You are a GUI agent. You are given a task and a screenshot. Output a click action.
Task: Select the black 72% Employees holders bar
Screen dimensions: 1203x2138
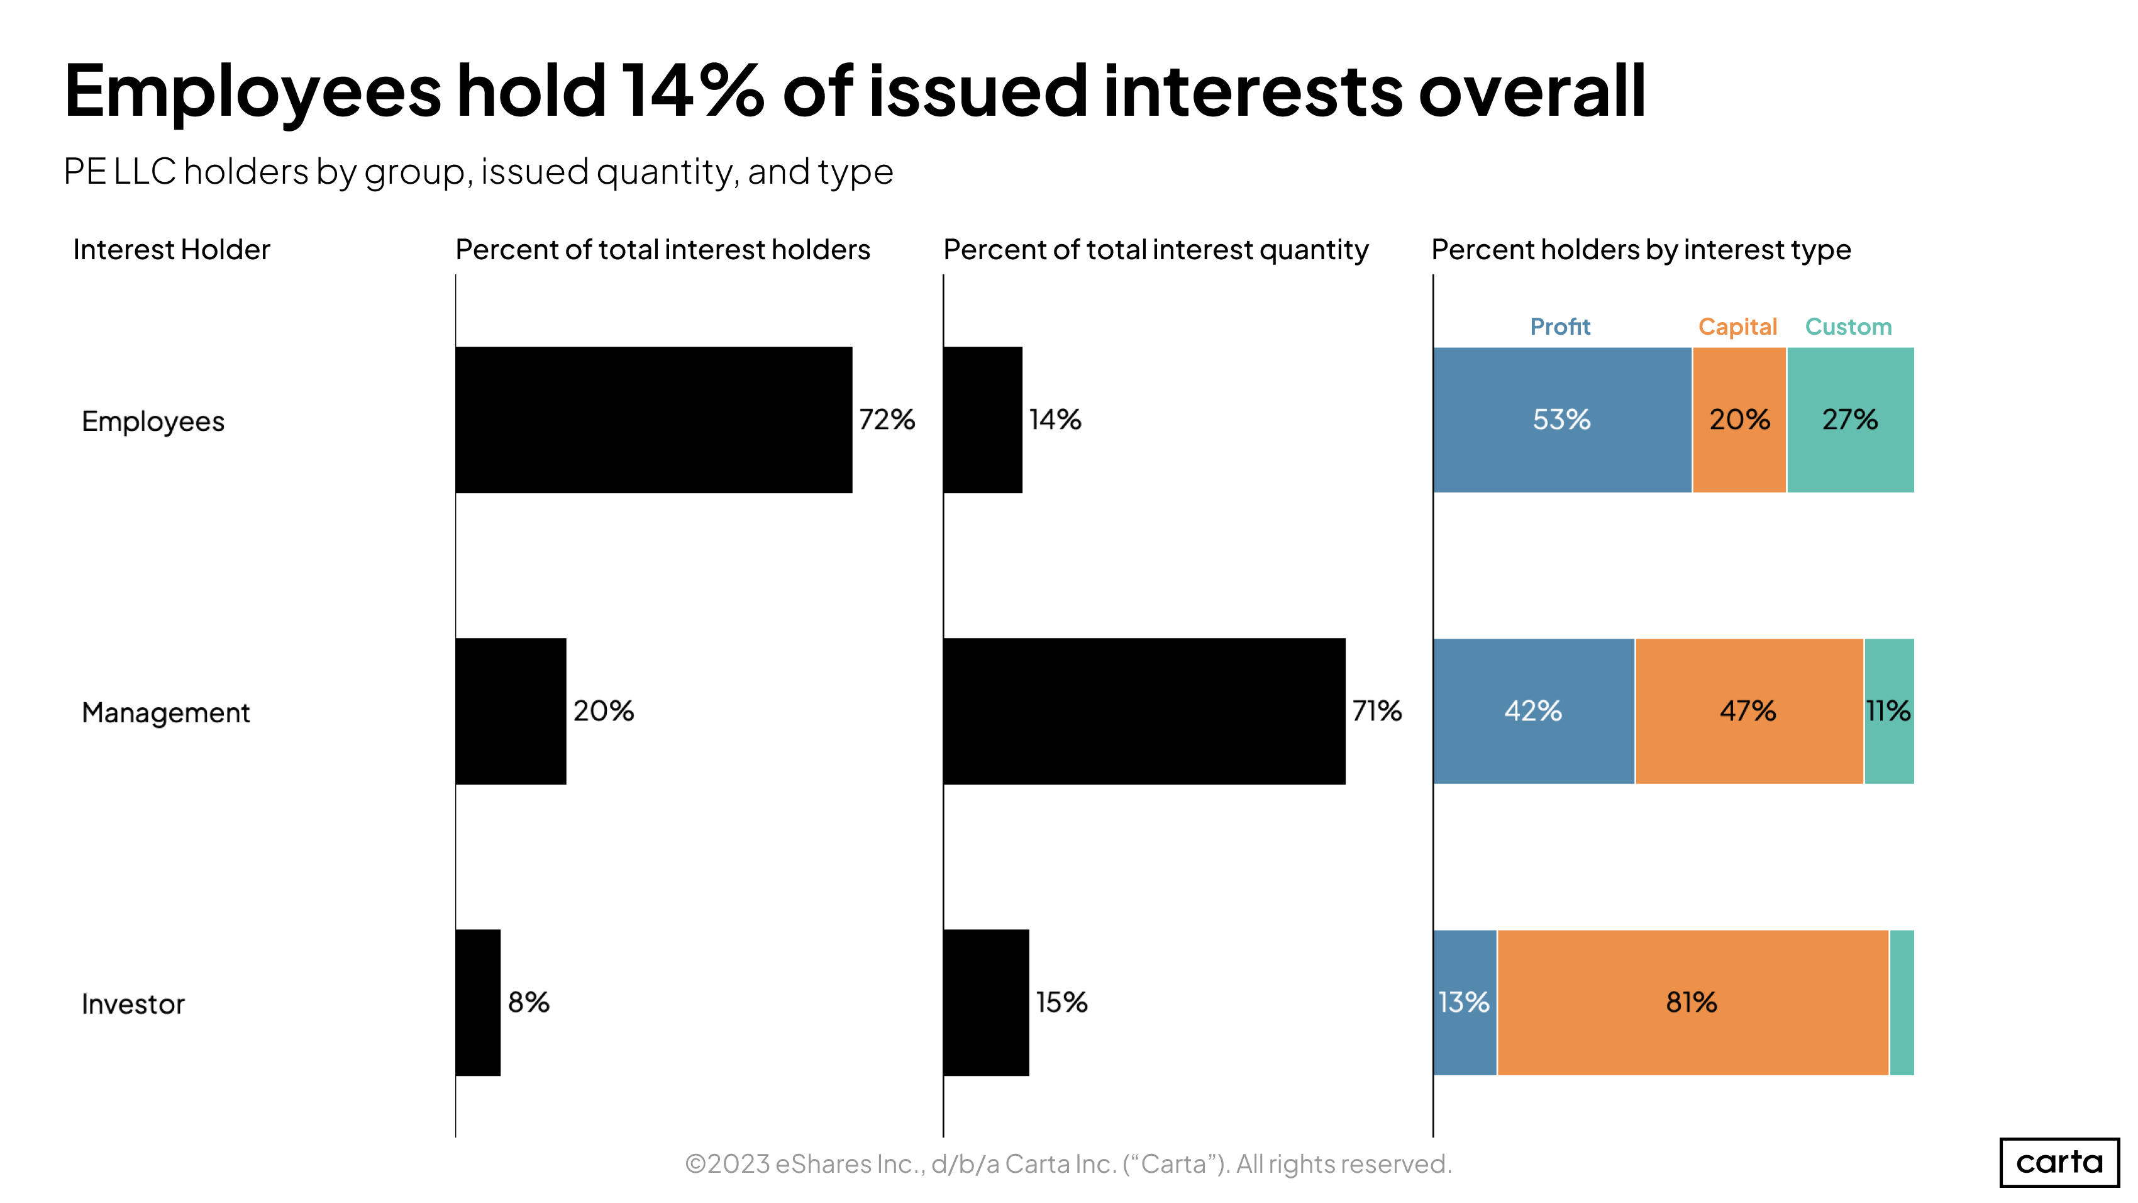[653, 420]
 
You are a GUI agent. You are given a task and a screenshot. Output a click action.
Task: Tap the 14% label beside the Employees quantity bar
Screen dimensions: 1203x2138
[1055, 420]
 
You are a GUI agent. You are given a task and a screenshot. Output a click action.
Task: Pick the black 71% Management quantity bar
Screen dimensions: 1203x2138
[1144, 712]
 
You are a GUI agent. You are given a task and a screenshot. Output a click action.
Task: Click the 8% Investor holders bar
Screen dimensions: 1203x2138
[478, 1003]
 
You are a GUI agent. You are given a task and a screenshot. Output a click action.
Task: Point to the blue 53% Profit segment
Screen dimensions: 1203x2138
[1561, 420]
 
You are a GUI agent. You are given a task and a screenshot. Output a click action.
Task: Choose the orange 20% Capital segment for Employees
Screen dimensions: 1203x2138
[1739, 420]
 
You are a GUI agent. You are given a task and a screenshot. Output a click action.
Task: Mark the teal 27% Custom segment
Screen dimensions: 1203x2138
[1850, 420]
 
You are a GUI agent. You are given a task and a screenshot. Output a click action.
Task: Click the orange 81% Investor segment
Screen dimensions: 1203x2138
[1692, 1003]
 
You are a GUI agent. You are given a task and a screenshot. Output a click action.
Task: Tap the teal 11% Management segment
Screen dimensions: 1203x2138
[1888, 712]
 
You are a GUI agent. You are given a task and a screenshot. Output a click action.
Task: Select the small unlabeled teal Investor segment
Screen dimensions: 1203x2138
[1902, 1003]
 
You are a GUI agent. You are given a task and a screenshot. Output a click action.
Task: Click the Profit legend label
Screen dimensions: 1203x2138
[1559, 327]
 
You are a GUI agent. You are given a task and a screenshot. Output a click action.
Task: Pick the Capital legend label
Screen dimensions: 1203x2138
[1737, 327]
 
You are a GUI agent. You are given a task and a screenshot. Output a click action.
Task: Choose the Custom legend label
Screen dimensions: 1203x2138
[1848, 327]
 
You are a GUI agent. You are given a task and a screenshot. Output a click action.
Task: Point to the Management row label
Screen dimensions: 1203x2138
[165, 712]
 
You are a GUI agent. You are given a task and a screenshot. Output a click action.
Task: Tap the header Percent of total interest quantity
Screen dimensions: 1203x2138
[1155, 250]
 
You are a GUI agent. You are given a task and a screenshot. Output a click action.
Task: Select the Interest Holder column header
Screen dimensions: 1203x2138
[171, 250]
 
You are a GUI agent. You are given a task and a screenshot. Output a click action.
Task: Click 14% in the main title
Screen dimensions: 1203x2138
[693, 91]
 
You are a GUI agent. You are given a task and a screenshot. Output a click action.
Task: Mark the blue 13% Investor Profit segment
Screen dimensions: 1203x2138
[1464, 1003]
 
